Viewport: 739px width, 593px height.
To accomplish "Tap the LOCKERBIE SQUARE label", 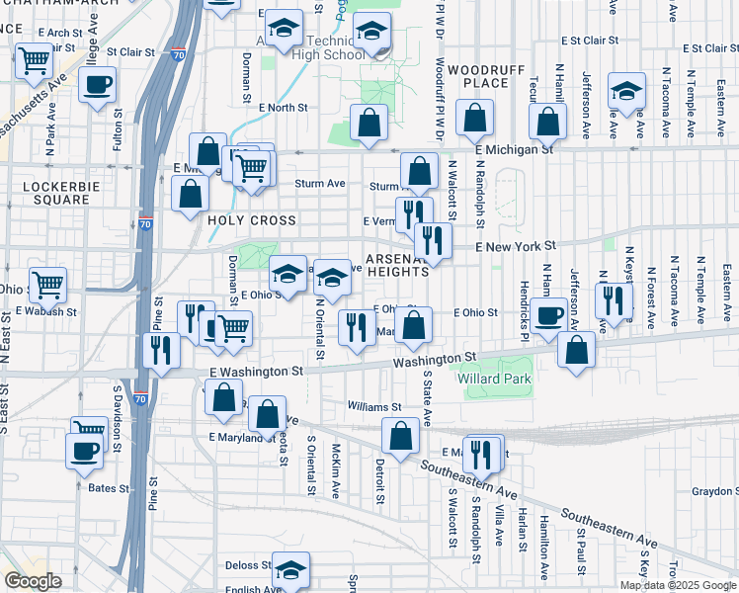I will coord(55,192).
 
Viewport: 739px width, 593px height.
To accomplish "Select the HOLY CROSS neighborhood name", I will coord(252,220).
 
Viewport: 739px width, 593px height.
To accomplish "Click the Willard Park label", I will coord(494,379).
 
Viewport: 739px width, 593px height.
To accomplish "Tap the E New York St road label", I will coord(516,246).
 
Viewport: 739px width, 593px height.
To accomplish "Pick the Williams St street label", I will coord(374,406).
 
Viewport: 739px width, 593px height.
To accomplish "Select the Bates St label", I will coord(109,488).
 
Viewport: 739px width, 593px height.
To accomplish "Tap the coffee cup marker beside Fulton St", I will coord(97,86).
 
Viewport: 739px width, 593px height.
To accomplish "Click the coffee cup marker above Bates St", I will coord(84,451).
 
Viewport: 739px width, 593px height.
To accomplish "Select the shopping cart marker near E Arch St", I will coord(35,60).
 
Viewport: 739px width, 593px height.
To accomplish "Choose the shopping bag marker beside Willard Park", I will coord(576,349).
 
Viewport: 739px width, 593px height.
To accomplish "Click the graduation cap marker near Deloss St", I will coord(290,570).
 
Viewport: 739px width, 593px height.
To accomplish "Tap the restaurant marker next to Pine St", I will coord(161,351).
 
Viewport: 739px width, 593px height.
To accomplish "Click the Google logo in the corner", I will coord(33,581).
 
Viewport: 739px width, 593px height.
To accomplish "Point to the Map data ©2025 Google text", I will coord(679,586).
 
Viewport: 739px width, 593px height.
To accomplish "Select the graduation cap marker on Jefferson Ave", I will coord(626,91).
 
